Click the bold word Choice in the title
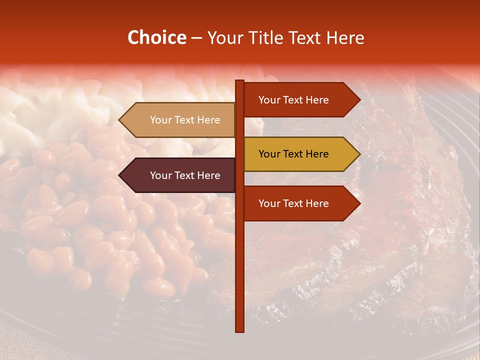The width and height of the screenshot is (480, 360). (x=156, y=38)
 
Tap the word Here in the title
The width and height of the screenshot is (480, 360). (x=344, y=38)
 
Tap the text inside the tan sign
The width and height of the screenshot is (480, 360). (x=185, y=120)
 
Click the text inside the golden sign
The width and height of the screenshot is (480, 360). (x=293, y=154)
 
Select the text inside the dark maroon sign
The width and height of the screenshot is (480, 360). (x=185, y=175)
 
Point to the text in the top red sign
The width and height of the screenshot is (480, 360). (x=293, y=100)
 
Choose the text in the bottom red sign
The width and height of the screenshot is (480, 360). (x=293, y=203)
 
